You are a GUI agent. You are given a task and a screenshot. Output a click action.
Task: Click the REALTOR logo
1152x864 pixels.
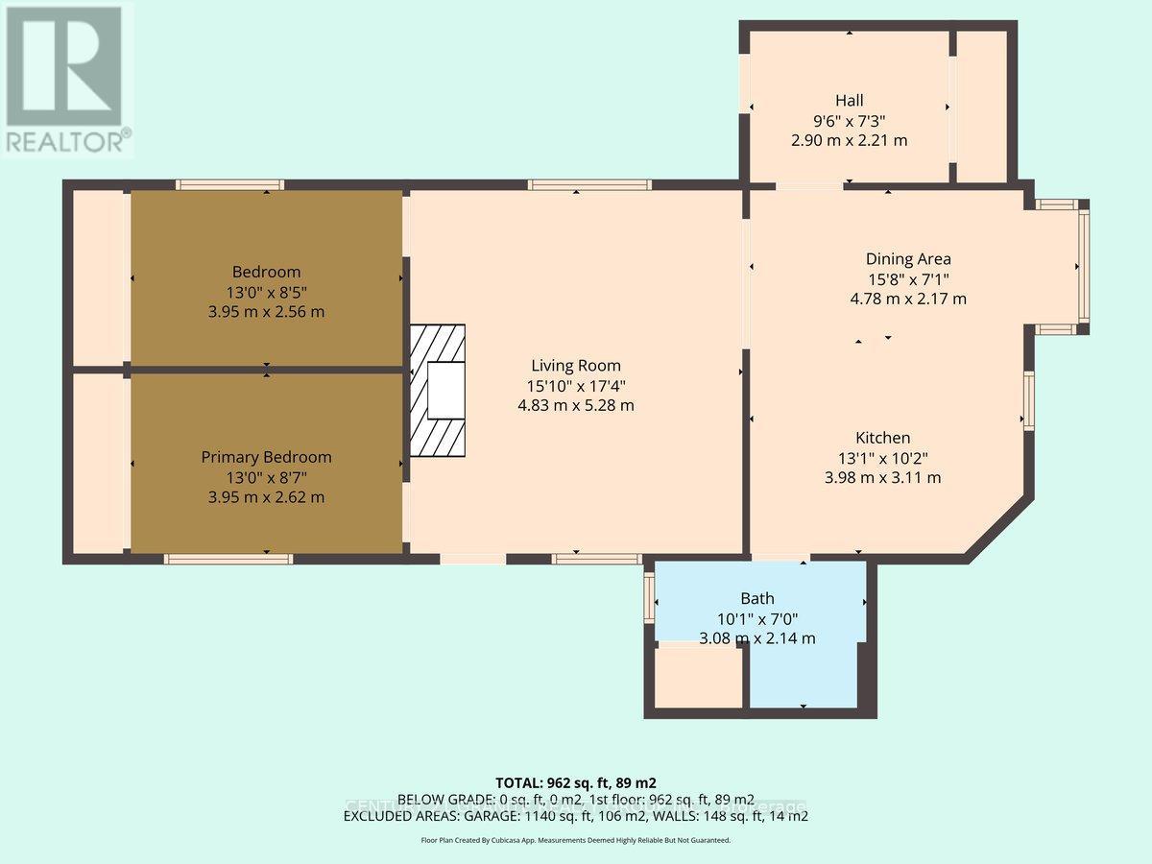pos(64,79)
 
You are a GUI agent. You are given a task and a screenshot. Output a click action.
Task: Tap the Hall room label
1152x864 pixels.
pos(849,100)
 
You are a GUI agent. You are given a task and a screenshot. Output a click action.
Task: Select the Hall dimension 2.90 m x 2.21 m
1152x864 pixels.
pos(849,140)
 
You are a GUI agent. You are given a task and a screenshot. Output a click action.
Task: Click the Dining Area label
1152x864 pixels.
pos(907,258)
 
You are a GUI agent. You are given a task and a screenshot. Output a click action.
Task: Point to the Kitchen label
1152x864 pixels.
pos(883,437)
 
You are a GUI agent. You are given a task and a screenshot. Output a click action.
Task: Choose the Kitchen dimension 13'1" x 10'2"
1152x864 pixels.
pos(883,457)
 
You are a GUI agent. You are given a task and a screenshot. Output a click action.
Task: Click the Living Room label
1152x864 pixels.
pos(576,365)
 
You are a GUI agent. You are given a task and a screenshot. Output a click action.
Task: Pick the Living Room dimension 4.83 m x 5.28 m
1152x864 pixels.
pos(576,405)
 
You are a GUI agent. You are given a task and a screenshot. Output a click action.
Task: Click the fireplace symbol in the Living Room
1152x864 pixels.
pos(438,390)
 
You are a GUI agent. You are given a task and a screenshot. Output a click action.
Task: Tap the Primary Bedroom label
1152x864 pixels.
pos(266,457)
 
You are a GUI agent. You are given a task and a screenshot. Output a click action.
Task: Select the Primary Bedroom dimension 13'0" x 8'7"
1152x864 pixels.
pos(266,477)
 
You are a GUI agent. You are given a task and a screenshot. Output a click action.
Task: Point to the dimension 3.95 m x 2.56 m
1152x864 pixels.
pos(266,312)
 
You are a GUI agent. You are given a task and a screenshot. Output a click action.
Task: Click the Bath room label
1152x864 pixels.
pos(756,598)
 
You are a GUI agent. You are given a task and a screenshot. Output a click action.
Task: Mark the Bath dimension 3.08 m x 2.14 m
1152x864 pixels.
pos(756,638)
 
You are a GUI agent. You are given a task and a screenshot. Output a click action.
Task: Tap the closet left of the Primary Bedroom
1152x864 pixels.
pos(100,463)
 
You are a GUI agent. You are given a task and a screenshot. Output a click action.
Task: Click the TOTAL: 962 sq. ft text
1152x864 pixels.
pos(575,782)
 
